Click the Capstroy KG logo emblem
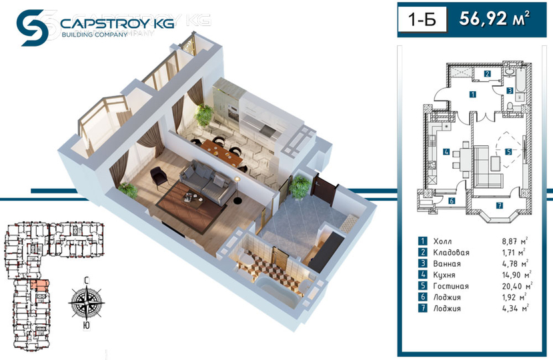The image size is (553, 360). coord(32,28)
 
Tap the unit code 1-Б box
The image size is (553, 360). coord(422,20)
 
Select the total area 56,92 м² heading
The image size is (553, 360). coord(494,19)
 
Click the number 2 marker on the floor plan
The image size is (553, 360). coord(488,74)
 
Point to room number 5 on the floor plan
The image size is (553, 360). coord(508,152)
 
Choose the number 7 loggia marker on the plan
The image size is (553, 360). coord(499,205)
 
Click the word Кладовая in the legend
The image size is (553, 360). coord(451,253)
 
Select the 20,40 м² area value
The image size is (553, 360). coord(517,285)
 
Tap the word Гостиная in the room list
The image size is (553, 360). coord(451,286)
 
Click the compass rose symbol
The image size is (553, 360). coord(87,302)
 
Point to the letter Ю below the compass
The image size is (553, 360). coord(86,325)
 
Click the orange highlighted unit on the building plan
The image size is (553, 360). coord(39,285)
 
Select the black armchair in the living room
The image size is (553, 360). coord(159,175)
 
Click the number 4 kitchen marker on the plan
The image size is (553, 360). coord(446,152)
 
